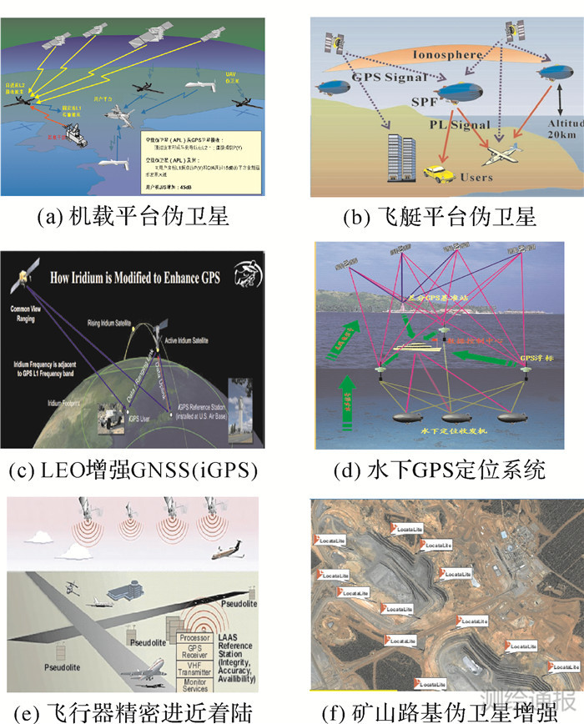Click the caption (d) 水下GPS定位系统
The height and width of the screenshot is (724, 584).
pyautogui.click(x=439, y=470)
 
